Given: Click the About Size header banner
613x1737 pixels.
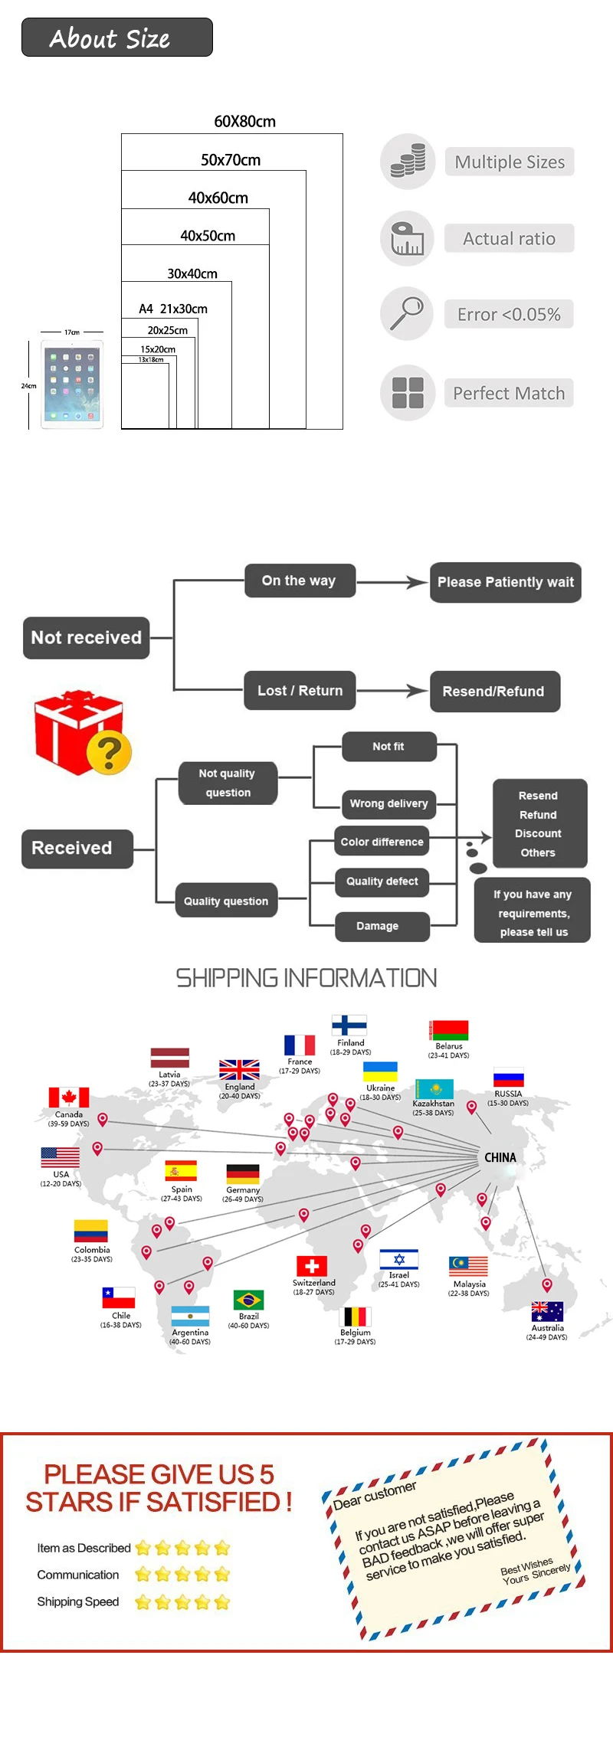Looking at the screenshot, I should (x=116, y=38).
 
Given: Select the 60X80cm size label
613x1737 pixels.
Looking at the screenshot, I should (x=244, y=122).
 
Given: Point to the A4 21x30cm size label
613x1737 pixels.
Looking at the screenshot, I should (x=173, y=309).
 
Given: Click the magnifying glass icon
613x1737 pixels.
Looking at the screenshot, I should (x=406, y=313).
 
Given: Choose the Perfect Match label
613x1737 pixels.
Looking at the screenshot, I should (x=509, y=393).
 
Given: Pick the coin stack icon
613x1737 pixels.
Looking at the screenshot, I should (x=408, y=161).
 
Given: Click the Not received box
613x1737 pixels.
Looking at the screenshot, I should (x=87, y=637).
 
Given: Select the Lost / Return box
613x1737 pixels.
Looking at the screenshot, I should (x=300, y=691).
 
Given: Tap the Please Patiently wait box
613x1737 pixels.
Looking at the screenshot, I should (x=505, y=582).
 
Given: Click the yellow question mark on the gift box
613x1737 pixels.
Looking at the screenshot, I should (x=109, y=752).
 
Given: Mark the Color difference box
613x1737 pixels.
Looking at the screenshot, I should (x=382, y=842).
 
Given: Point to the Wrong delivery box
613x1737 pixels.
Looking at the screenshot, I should (x=388, y=803).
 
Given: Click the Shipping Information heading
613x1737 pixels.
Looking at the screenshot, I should (x=306, y=978).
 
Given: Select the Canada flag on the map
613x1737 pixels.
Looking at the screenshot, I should (x=69, y=1097).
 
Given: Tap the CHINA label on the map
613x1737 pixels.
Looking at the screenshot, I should (x=500, y=1157).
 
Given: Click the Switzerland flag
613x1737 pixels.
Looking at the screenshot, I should (x=312, y=1266).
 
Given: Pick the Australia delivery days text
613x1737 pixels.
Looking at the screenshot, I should (x=546, y=1337).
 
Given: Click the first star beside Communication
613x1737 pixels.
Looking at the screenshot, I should (x=143, y=1575).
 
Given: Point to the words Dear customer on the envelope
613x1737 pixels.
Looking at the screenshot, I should (x=375, y=1495).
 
